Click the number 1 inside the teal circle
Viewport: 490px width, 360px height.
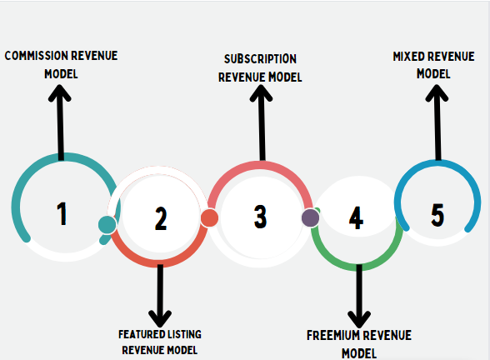coord(62,213)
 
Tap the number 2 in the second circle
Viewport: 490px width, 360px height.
coord(161,218)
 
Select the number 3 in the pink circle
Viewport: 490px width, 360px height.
coord(260,217)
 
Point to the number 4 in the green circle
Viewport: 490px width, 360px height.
coord(356,217)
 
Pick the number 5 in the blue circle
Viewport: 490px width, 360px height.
coord(437,215)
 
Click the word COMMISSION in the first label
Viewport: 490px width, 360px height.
coord(35,56)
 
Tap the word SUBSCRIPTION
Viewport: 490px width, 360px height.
coord(260,58)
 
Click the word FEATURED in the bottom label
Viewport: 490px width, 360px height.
coord(137,334)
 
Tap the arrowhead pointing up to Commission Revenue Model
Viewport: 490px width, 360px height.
coord(60,92)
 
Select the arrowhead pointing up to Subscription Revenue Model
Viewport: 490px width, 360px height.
coord(261,92)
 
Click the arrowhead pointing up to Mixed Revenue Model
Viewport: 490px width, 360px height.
coord(437,92)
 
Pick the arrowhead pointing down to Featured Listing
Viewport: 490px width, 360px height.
coord(160,318)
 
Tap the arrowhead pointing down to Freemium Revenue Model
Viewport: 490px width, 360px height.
coord(359,319)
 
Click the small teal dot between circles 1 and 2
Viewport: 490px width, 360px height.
coord(107,225)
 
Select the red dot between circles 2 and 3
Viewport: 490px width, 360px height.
coord(209,217)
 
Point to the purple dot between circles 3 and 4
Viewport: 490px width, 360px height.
coord(310,217)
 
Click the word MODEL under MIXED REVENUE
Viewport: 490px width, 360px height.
coord(433,73)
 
